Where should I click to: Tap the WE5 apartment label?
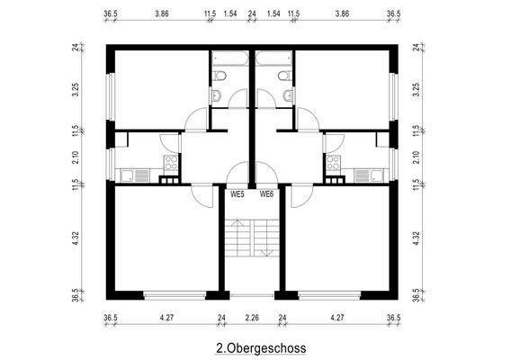coord(238,193)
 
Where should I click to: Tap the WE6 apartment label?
coord(267,193)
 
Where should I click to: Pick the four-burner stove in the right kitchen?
coord(333,164)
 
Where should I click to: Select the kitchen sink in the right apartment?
coord(364,175)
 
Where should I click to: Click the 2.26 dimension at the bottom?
coord(253,317)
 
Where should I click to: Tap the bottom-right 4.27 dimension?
coord(338,317)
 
